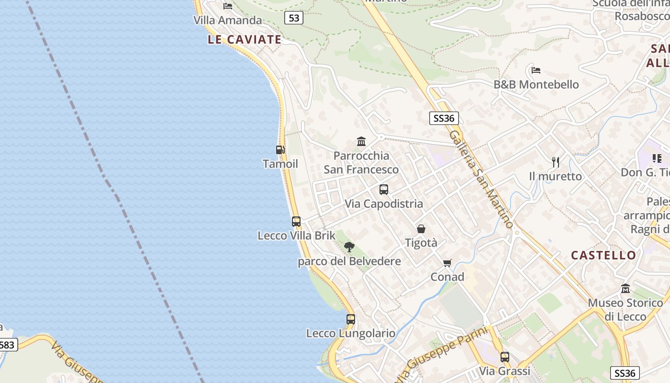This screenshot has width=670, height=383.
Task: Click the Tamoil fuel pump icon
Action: click(280, 150)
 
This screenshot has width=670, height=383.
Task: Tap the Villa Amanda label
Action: click(228, 20)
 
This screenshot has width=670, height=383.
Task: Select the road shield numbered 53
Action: click(294, 18)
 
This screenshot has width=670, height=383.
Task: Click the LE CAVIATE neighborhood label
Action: click(245, 40)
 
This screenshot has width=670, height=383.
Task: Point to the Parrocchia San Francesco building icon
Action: click(361, 142)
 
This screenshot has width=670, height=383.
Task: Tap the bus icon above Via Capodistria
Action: click(384, 190)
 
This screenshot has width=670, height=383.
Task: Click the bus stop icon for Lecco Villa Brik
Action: click(296, 222)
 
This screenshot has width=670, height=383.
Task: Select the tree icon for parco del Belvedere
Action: click(349, 247)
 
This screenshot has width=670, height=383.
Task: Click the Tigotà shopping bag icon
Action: click(421, 229)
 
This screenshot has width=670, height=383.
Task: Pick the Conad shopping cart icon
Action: click(447, 263)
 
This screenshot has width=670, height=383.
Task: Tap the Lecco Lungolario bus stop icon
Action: click(351, 319)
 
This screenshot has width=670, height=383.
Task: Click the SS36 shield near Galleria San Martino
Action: click(444, 118)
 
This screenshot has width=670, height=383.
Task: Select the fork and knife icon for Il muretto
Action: click(556, 162)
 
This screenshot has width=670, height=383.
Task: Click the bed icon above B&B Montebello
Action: click(536, 70)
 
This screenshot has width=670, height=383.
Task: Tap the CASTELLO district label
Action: click(603, 255)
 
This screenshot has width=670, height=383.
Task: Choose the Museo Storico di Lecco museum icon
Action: click(625, 289)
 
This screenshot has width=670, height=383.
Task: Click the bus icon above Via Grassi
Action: click(505, 357)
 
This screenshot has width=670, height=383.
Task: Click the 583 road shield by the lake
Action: click(8, 345)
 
